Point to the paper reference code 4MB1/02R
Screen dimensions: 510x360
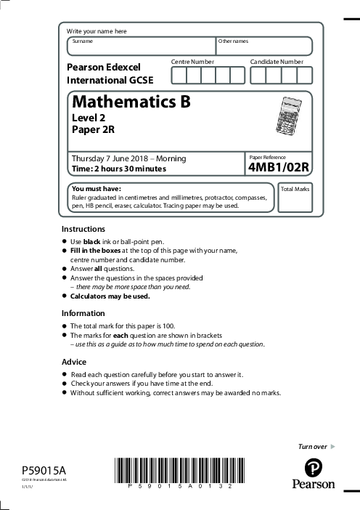279,168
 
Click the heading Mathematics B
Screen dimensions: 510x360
131,102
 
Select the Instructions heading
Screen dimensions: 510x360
83,229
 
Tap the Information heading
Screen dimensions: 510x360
83,313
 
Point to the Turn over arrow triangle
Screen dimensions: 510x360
332,445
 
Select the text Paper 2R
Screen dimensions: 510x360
93,130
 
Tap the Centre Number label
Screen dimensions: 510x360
192,62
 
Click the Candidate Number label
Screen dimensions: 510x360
277,62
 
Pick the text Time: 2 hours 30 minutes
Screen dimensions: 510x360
118,169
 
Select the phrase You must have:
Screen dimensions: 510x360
95,189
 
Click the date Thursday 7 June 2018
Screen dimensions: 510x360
107,158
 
